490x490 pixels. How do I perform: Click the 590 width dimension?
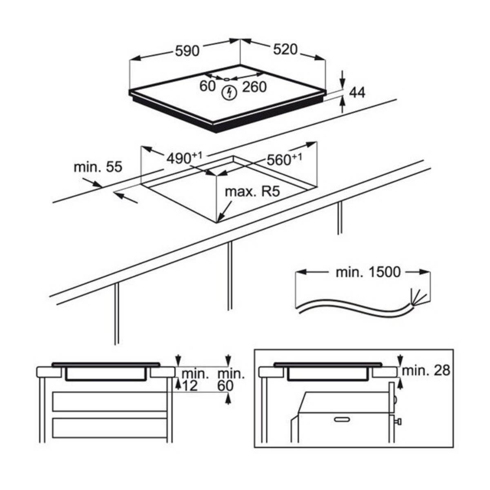(x=187, y=51)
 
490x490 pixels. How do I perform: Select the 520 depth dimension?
(x=285, y=49)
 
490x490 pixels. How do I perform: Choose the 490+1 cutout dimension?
(x=184, y=158)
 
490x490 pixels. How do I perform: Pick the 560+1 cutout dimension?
(x=285, y=159)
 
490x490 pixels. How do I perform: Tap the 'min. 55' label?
(x=98, y=167)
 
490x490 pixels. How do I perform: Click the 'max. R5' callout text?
(x=252, y=192)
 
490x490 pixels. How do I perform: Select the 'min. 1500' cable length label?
(x=368, y=272)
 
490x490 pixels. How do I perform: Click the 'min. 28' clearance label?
(x=426, y=370)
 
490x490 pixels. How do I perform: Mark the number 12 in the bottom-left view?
(x=190, y=386)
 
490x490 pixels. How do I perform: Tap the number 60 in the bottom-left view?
(x=225, y=386)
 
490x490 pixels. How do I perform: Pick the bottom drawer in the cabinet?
(x=110, y=428)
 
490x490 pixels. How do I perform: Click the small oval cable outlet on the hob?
(x=227, y=79)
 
